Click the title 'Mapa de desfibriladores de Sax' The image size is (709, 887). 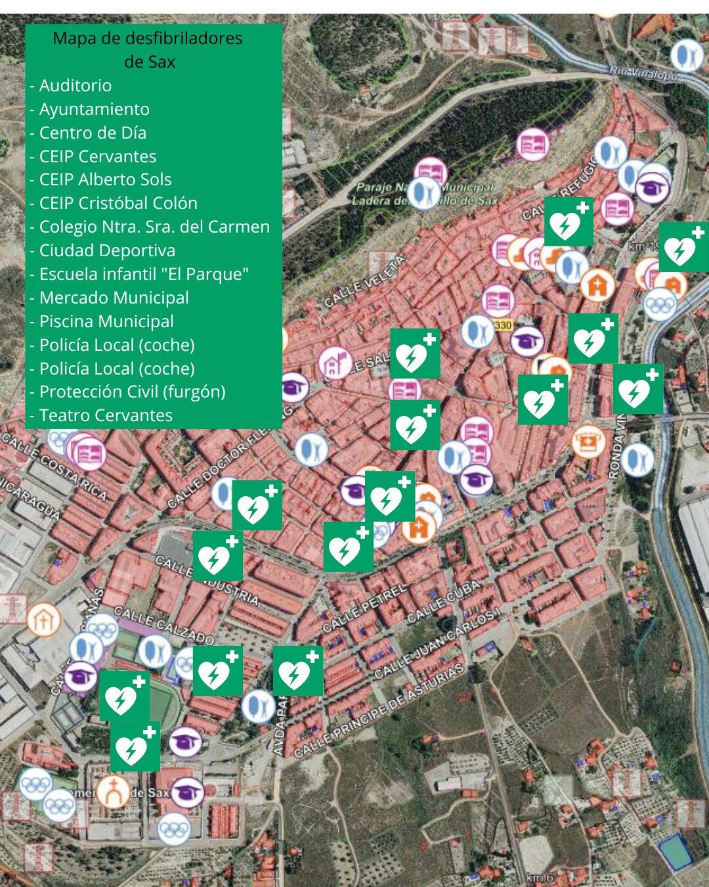click(148, 50)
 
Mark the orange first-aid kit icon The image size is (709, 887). click(588, 441)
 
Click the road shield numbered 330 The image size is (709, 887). click(503, 325)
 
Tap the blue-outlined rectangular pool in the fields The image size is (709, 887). click(674, 852)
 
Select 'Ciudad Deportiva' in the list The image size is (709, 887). click(107, 250)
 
